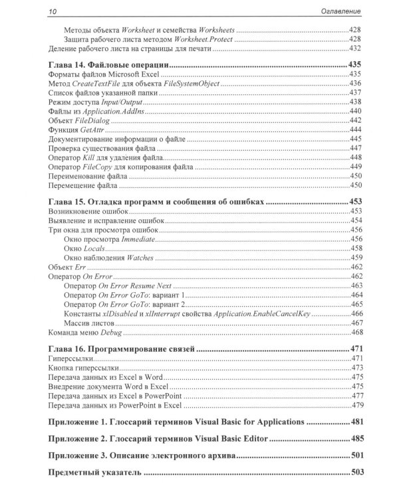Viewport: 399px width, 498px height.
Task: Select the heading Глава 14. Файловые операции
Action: pos(108,65)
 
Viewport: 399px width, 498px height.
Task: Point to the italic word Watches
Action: pos(137,257)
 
